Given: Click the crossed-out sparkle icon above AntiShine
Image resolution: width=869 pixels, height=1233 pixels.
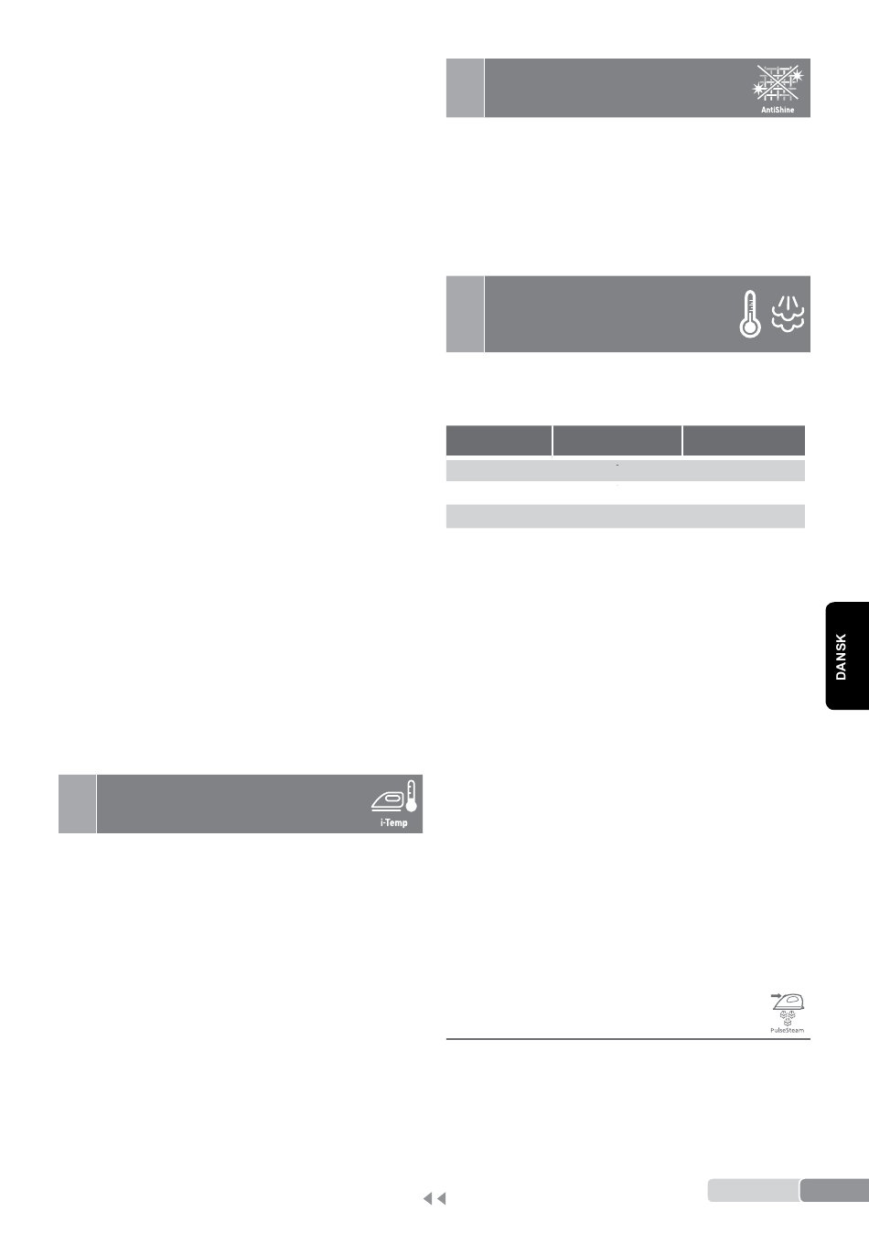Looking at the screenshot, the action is [778, 82].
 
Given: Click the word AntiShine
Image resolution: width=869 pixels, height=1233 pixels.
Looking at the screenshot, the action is [778, 110].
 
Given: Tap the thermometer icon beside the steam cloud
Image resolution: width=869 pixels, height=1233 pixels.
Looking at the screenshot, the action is [749, 314].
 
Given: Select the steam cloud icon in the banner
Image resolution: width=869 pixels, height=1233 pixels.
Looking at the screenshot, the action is [788, 314].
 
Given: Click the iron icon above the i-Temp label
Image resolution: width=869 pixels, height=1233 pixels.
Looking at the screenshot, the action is [388, 801].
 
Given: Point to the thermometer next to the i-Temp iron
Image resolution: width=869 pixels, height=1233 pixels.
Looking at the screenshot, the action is [411, 796].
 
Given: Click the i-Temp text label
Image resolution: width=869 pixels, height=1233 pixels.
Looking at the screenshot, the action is [393, 823].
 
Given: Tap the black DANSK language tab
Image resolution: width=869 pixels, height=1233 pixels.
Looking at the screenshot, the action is [847, 656].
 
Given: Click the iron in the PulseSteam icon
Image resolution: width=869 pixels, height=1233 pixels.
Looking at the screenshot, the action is [789, 1002].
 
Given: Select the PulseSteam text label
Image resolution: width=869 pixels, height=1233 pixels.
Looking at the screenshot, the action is [787, 1030].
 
